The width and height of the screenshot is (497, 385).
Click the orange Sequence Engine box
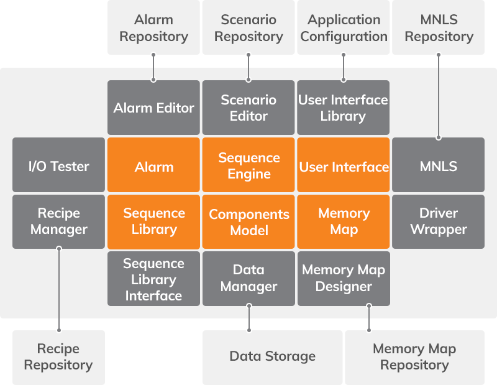tap(248, 165)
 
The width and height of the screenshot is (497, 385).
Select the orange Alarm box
tap(153, 165)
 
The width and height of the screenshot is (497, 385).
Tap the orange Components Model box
tap(248, 222)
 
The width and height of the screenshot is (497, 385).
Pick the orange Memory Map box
tap(344, 222)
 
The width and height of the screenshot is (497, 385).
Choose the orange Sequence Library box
tap(153, 222)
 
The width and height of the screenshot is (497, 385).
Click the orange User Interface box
tap(344, 165)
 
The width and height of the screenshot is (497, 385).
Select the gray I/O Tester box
tap(58, 165)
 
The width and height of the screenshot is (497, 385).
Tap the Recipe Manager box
tap(58, 222)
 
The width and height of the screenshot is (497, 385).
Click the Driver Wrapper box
tap(438, 222)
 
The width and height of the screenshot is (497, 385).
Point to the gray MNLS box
tap(438, 165)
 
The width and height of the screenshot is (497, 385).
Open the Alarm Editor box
tap(153, 108)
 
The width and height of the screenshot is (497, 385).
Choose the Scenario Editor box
tap(248, 108)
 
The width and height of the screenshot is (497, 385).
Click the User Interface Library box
tap(344, 108)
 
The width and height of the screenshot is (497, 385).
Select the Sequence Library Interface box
tap(153, 279)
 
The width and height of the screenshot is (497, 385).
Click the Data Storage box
tap(272, 357)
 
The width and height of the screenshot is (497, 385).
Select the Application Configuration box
tap(344, 28)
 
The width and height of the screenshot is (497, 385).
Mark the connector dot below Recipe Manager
tap(59, 249)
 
